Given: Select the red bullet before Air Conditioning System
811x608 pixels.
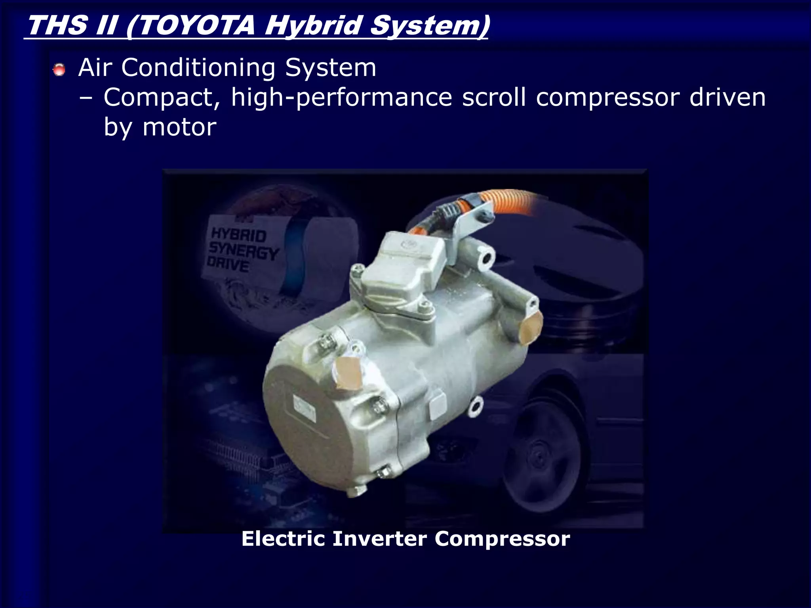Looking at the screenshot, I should (59, 70).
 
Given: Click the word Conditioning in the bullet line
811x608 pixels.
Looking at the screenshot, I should (198, 68).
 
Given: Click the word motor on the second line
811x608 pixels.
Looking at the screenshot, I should (179, 127).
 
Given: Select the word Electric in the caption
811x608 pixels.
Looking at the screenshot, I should (283, 539).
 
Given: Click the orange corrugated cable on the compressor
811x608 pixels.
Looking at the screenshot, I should (503, 202).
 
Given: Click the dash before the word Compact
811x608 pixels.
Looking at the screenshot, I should (86, 98).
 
